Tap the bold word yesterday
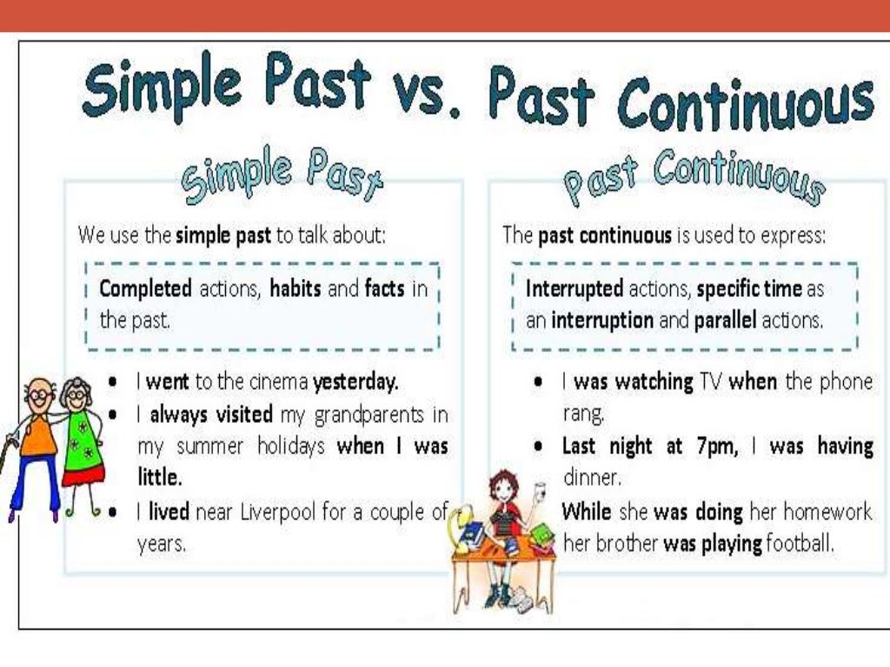click(355, 381)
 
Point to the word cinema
click(277, 381)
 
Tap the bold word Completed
click(146, 288)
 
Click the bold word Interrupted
click(575, 288)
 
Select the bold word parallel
click(726, 320)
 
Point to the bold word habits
click(296, 288)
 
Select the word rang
click(582, 413)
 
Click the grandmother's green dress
click(83, 443)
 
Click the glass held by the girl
click(540, 491)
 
